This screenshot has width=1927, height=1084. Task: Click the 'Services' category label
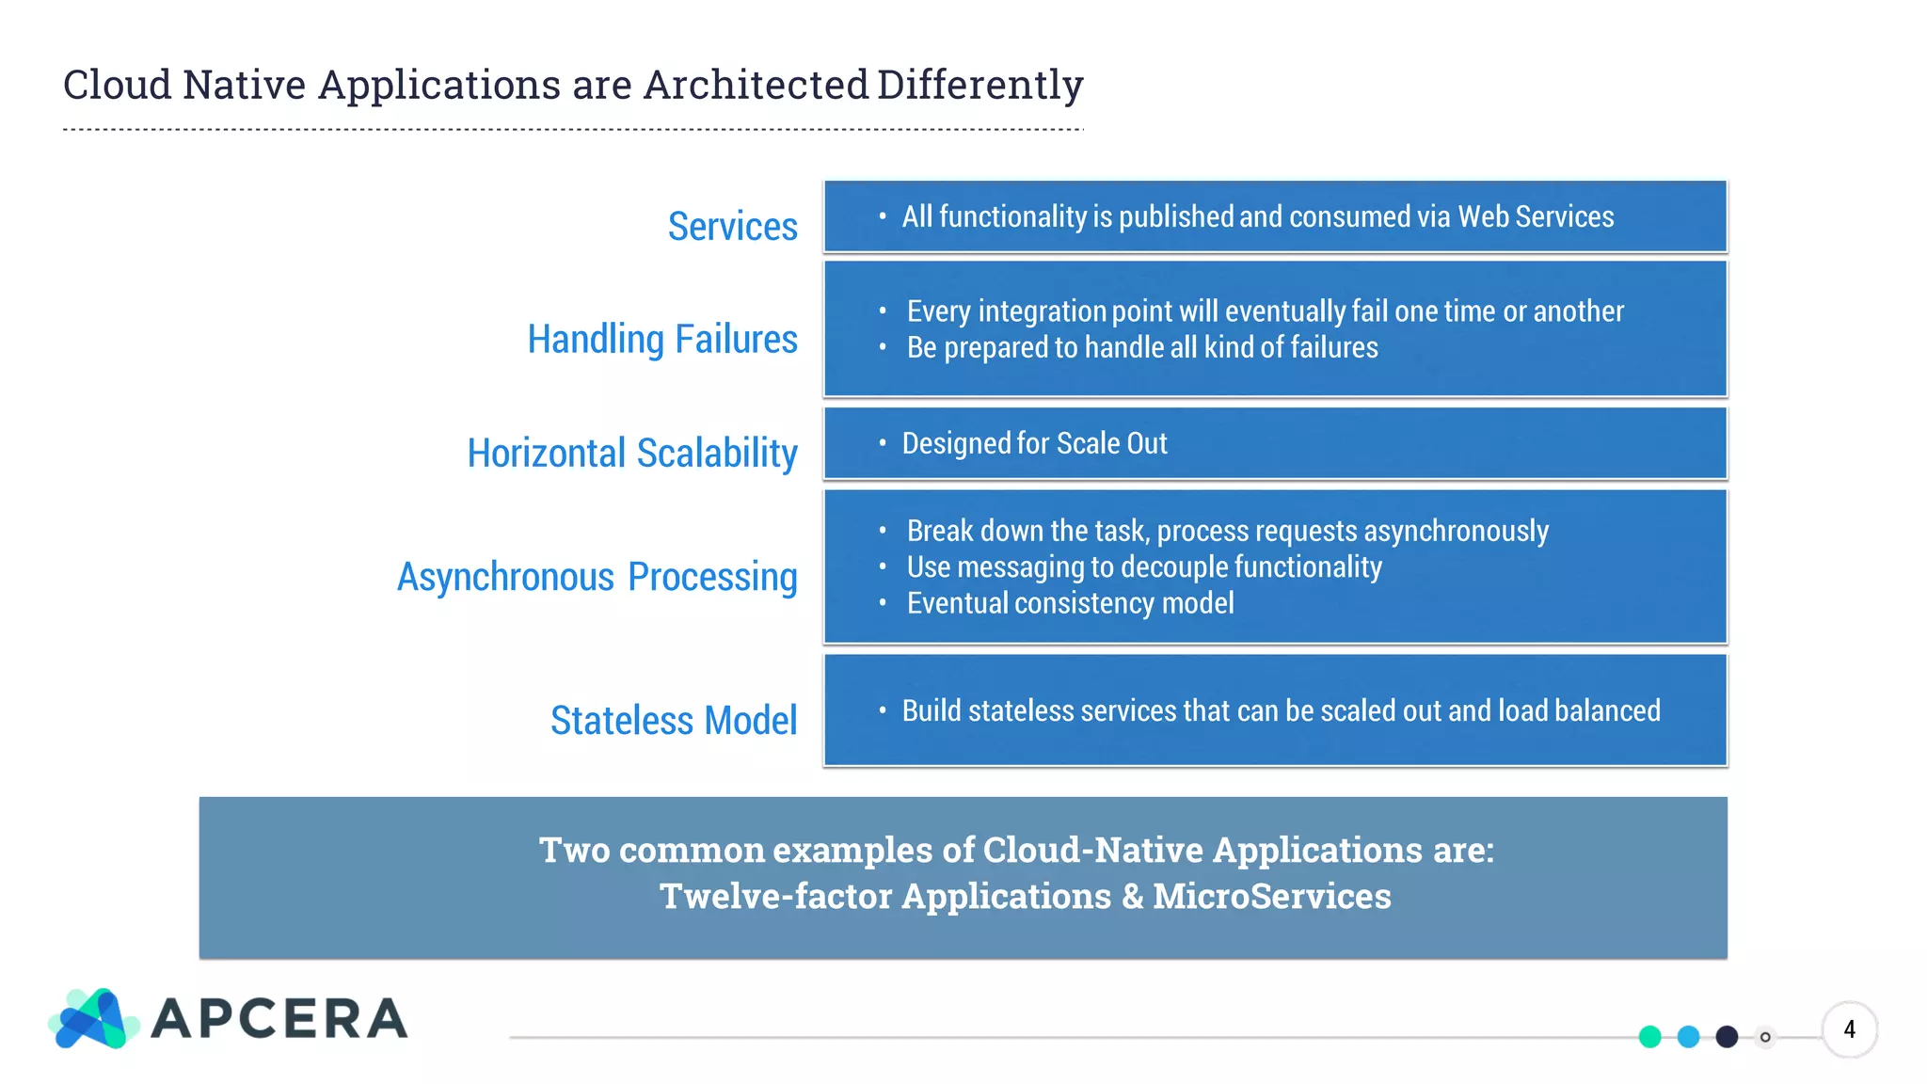[x=732, y=227]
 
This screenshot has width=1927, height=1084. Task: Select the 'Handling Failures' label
[x=661, y=340]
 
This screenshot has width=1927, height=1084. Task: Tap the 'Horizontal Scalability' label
[x=631, y=454]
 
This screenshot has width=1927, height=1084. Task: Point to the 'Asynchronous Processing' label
[x=597, y=578]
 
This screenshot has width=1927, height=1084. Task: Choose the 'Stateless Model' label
[x=673, y=721]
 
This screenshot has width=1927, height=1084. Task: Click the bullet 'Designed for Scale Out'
[x=1034, y=443]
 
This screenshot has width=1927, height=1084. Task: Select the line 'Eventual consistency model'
[x=1070, y=603]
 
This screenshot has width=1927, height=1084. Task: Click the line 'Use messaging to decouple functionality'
[x=1143, y=567]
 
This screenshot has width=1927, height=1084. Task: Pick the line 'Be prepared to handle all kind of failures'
[x=1141, y=348]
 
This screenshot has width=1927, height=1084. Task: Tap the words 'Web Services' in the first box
[x=1535, y=217]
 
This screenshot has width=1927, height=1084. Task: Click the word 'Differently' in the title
[x=979, y=86]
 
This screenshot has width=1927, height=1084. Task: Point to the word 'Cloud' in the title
[x=117, y=86]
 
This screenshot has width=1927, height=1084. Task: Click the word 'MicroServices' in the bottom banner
[x=1271, y=896]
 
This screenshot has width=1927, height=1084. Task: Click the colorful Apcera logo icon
[x=92, y=1019]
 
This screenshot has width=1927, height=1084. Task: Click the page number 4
[x=1849, y=1029]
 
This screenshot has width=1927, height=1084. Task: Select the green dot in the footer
[x=1649, y=1037]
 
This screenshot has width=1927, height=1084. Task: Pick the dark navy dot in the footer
[x=1727, y=1037]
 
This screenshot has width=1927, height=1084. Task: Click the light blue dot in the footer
[x=1688, y=1037]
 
